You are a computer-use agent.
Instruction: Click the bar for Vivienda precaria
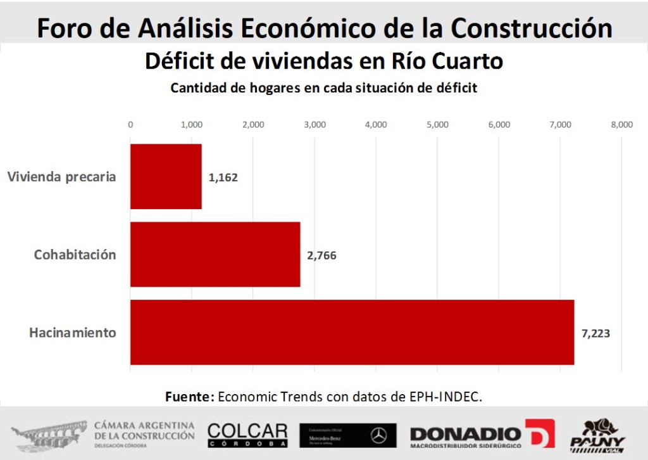point(166,176)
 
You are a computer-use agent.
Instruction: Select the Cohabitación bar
point(215,254)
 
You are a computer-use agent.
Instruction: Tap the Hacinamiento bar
point(352,332)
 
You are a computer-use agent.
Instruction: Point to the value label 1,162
point(223,177)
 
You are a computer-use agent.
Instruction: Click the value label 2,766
point(321,255)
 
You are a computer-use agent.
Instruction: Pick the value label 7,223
point(595,333)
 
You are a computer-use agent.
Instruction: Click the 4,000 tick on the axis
point(376,125)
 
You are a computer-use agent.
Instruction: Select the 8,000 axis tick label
point(621,125)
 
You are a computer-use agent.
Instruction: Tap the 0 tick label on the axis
point(130,125)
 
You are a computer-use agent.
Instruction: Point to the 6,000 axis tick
point(499,125)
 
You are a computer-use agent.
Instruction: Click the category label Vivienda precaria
point(61,177)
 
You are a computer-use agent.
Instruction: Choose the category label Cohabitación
point(75,255)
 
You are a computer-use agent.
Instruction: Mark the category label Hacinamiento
point(73,332)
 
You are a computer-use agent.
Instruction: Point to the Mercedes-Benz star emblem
point(380,435)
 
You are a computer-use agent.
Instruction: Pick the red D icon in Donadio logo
point(540,433)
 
